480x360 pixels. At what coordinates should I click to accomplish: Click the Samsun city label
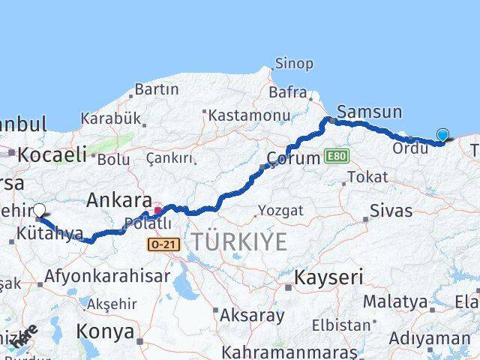tap(369, 112)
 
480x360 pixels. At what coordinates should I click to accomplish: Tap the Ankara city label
tap(119, 199)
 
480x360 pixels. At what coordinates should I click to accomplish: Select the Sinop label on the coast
tap(294, 64)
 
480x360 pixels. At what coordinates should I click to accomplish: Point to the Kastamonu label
tap(249, 115)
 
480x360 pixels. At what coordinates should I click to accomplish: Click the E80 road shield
tap(337, 156)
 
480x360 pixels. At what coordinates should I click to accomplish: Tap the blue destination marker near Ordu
tap(442, 135)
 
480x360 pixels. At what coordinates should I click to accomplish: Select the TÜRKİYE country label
tap(238, 242)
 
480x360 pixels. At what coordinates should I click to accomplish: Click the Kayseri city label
tap(328, 277)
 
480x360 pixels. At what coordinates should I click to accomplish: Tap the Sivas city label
tap(391, 211)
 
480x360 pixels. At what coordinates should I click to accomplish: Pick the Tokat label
tap(367, 177)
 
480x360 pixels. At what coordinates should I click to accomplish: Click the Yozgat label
tap(280, 211)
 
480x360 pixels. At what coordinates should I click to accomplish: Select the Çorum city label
tap(295, 159)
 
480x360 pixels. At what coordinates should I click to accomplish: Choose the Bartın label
tap(157, 89)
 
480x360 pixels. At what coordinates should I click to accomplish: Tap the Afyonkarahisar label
tap(106, 276)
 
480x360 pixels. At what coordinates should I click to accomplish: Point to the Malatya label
tap(395, 302)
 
